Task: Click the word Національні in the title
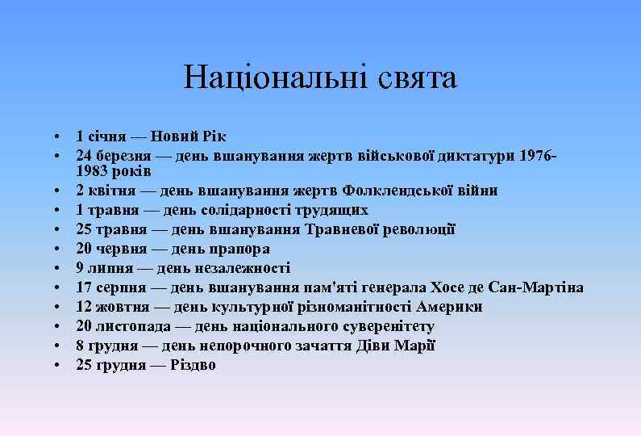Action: tap(270, 78)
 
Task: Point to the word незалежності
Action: tap(243, 269)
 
